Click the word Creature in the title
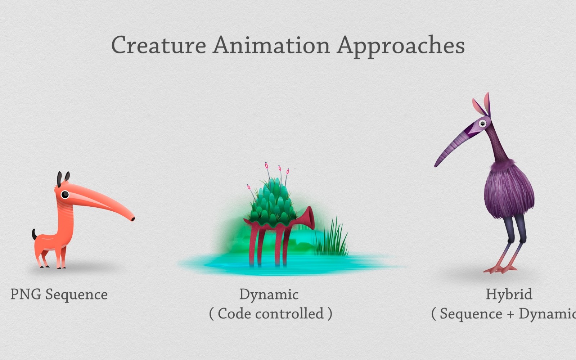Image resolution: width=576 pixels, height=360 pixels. (x=159, y=45)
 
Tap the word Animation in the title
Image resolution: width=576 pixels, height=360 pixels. (x=271, y=45)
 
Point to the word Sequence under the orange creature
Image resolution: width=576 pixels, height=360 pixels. (x=77, y=295)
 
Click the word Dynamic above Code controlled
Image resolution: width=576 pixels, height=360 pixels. (x=269, y=295)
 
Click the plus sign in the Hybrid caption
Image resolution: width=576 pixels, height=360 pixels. (x=510, y=314)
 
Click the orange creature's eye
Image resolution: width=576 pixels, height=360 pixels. (x=65, y=194)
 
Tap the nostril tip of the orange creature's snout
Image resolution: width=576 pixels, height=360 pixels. (x=133, y=219)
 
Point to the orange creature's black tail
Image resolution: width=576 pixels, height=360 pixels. (x=34, y=234)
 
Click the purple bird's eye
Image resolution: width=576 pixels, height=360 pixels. (x=483, y=124)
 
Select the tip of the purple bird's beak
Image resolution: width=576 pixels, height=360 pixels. (x=436, y=165)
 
